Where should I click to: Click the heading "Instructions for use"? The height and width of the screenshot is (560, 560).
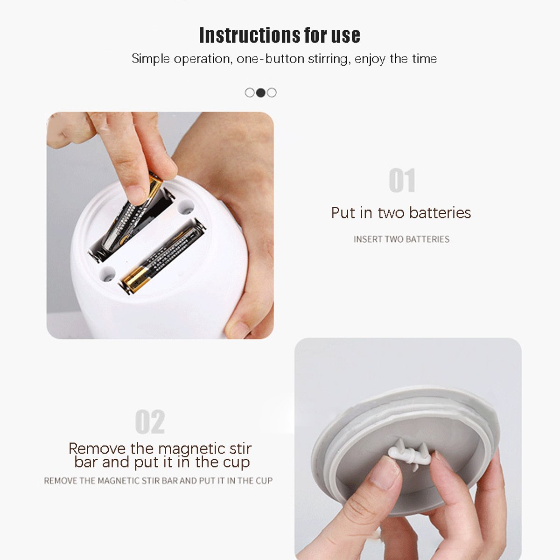[280, 35]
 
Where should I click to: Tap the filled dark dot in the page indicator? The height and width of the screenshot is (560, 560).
[261, 93]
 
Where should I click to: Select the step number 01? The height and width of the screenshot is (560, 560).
[402, 180]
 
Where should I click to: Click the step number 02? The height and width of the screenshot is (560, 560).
[150, 421]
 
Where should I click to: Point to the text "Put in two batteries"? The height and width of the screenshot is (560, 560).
[401, 213]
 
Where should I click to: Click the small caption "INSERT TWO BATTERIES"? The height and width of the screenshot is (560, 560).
[401, 239]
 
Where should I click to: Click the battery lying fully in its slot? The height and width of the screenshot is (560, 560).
[163, 256]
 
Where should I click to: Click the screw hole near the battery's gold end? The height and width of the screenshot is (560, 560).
[107, 274]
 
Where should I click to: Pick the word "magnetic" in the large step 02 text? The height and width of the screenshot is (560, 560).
[192, 448]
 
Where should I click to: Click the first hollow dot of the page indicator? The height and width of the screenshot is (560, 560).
[250, 93]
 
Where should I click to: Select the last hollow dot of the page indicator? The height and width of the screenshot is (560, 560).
[272, 93]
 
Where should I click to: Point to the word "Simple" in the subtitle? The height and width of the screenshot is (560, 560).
[151, 59]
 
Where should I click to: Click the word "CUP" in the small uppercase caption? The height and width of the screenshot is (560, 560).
[264, 481]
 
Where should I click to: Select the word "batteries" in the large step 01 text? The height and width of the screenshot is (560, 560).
[440, 213]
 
